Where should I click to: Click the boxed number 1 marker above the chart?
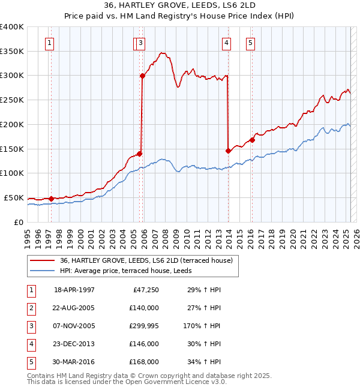click(49, 43)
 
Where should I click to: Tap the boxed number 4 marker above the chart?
click(226, 43)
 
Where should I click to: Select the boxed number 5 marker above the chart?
click(250, 43)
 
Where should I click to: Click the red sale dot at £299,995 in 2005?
click(143, 76)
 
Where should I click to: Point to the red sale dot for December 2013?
click(228, 151)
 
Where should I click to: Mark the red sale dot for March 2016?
click(252, 140)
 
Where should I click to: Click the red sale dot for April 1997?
click(51, 199)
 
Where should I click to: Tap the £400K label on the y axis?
click(12, 27)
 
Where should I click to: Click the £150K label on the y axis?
click(12, 149)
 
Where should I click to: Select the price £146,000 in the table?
click(144, 344)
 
